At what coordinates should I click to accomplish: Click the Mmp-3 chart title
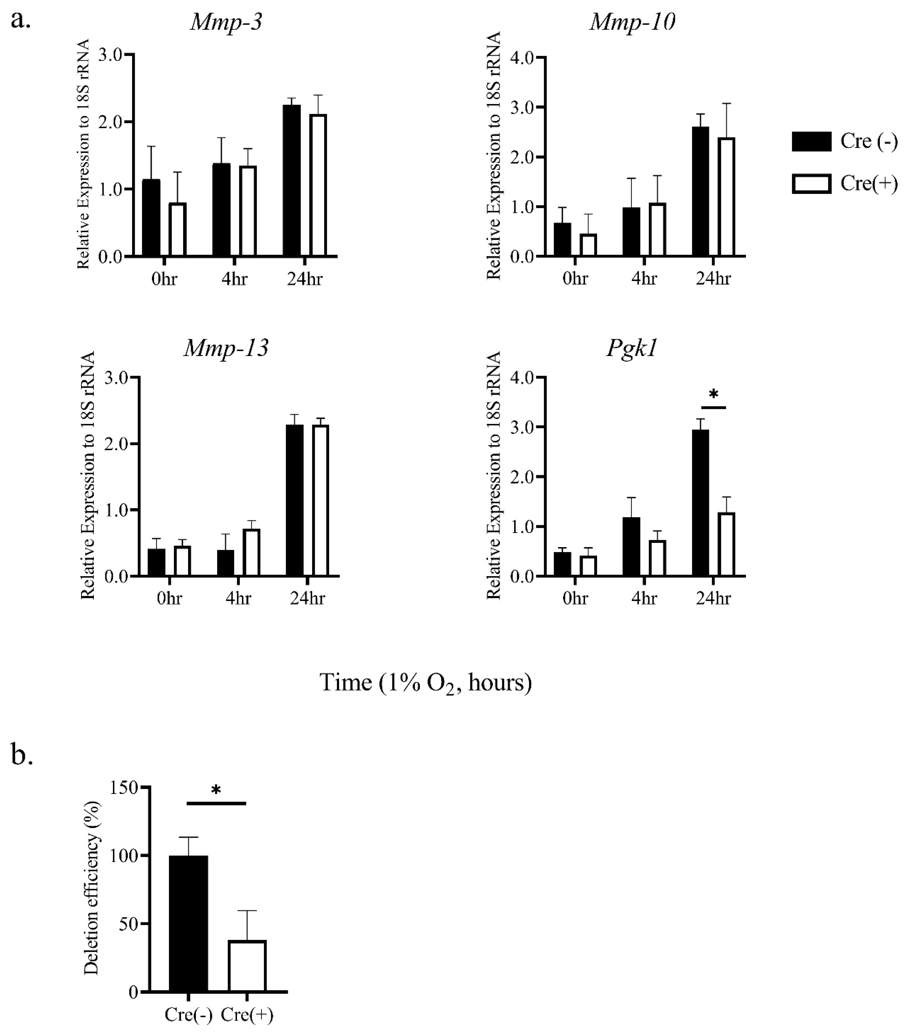pos(226,22)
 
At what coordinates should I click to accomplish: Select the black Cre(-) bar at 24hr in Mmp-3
pos(292,181)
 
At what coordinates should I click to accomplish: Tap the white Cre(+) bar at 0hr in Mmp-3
pos(177,229)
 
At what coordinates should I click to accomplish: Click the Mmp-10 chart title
pos(632,22)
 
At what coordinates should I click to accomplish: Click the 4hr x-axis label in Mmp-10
pos(644,279)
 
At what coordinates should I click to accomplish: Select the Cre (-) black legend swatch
pos(811,141)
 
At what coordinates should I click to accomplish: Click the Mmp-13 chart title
pos(226,348)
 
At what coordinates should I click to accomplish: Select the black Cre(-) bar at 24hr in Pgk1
pos(700,503)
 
